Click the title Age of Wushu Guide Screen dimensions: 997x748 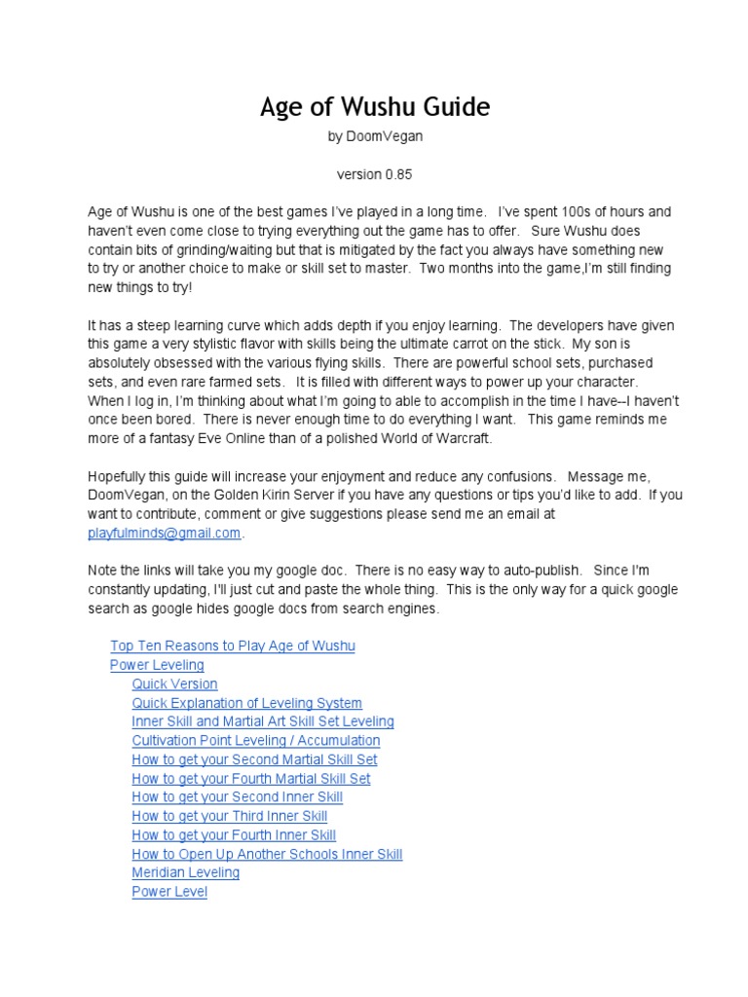coord(374,107)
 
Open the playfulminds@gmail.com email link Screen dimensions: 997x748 coord(164,533)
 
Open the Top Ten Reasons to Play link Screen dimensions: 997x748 coord(233,646)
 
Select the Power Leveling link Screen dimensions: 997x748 coord(157,665)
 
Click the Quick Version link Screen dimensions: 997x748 coord(174,683)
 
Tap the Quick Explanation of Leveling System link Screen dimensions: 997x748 coord(246,703)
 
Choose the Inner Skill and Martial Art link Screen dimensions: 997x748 coord(263,721)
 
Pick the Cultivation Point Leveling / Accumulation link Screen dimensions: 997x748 coord(255,740)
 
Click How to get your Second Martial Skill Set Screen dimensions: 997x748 coord(254,759)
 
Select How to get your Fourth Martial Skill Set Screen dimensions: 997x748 coord(251,778)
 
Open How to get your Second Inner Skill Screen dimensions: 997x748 coord(237,796)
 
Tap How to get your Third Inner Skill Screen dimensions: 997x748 coord(229,816)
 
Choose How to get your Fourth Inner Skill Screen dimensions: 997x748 coord(234,834)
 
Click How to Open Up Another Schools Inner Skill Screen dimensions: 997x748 coord(267,854)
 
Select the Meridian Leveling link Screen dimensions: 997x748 coord(185,872)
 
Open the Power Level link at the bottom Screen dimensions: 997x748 coord(169,891)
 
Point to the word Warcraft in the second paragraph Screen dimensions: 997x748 coord(462,438)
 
